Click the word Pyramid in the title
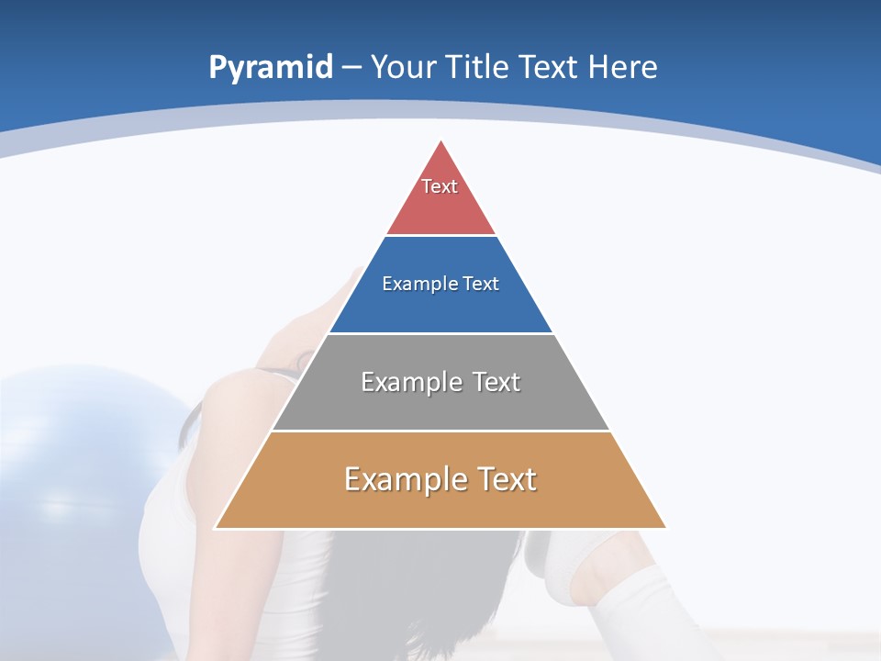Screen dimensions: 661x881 271,68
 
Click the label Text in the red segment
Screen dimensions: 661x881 440,186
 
